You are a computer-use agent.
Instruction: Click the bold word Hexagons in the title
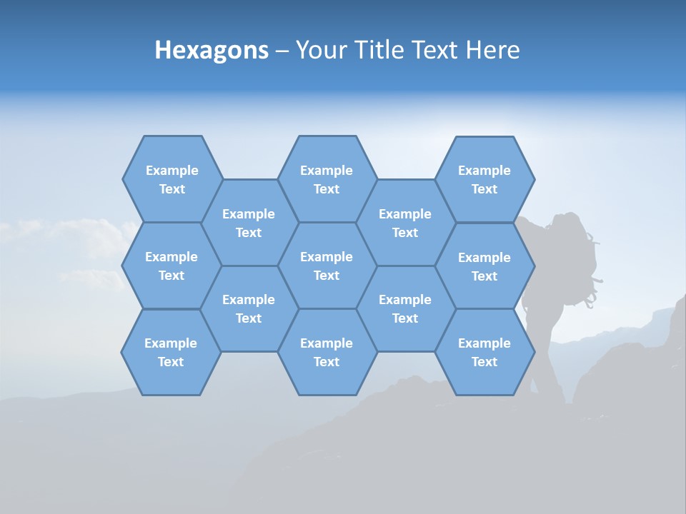click(x=212, y=50)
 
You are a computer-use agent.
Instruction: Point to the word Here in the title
click(x=492, y=50)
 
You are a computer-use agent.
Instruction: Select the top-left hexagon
click(x=172, y=179)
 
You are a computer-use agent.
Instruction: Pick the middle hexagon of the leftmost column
click(x=171, y=266)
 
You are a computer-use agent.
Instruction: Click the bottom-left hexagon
click(x=171, y=352)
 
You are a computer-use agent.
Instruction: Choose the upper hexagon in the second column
click(x=249, y=223)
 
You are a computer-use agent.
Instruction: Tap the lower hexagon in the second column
click(x=249, y=308)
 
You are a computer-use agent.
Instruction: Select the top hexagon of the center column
click(x=327, y=179)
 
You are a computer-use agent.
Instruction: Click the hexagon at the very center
click(x=327, y=266)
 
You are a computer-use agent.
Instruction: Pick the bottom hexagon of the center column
click(x=327, y=352)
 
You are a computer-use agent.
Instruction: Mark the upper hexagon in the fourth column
click(x=405, y=223)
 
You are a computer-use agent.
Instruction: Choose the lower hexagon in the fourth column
click(x=405, y=308)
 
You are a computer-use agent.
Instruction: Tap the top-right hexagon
click(x=484, y=179)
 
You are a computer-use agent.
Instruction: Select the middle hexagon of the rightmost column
click(x=484, y=266)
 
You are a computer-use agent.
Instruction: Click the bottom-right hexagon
click(x=484, y=352)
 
